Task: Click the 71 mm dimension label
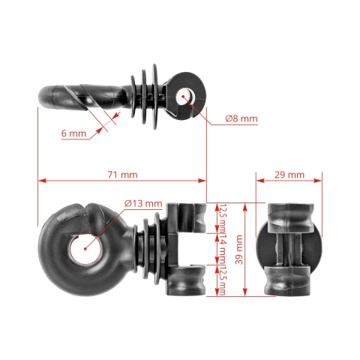(x=121, y=174)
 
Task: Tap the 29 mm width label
(x=289, y=174)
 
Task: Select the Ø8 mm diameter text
(x=241, y=118)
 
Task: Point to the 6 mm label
(x=73, y=133)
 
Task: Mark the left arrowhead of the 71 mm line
(x=40, y=181)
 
